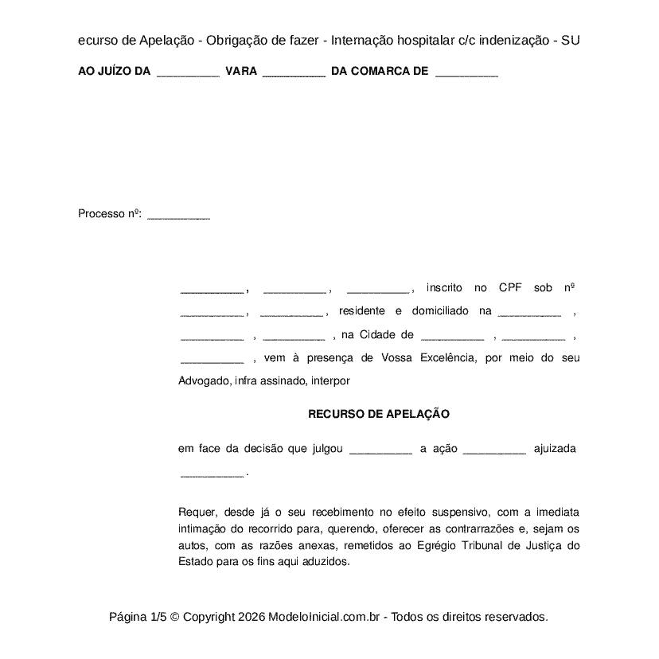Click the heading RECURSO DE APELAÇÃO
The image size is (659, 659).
[379, 414]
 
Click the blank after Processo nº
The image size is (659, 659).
[179, 215]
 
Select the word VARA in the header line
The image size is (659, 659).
[241, 71]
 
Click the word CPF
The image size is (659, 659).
[510, 287]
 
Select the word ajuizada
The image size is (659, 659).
[555, 449]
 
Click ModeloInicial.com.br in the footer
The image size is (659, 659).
[328, 617]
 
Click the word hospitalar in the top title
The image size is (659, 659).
[417, 40]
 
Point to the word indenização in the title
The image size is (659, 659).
[509, 40]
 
